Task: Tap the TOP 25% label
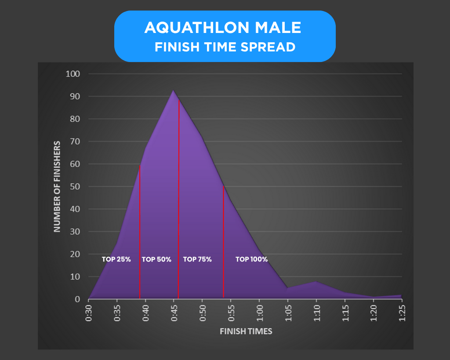(116, 259)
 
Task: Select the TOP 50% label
(156, 259)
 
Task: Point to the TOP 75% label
(197, 259)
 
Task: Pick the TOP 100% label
(251, 259)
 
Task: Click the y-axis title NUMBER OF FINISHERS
(57, 186)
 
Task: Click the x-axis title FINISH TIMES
(246, 331)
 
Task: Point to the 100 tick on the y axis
(73, 74)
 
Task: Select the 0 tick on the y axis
(77, 299)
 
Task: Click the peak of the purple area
(173, 91)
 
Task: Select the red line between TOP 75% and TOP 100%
(224, 242)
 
